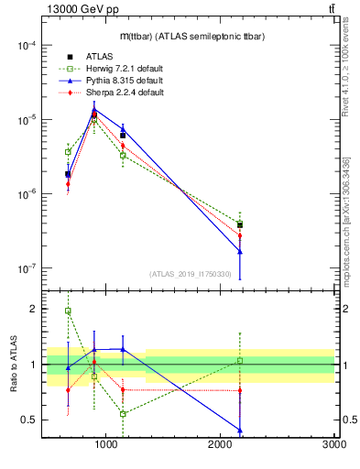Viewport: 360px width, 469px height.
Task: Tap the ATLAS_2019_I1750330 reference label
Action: (x=191, y=273)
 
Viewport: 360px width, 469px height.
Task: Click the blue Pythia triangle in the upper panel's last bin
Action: (x=239, y=251)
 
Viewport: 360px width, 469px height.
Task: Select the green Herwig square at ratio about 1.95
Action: (x=68, y=311)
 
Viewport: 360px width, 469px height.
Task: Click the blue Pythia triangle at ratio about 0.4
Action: (x=239, y=431)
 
